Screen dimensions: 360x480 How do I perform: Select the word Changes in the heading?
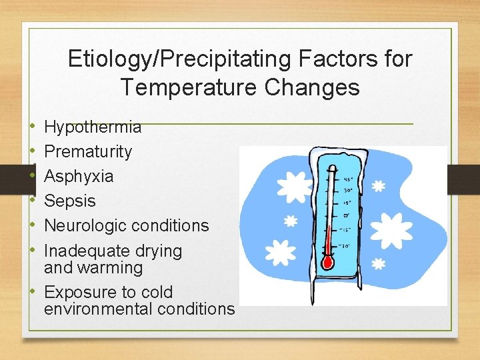[323, 87]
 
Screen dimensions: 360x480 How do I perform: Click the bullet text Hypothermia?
[93, 127]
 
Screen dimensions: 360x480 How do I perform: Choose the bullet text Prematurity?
[88, 151]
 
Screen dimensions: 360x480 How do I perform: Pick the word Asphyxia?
[79, 176]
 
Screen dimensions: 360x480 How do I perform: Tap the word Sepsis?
[70, 201]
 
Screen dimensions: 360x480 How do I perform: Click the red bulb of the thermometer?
[327, 263]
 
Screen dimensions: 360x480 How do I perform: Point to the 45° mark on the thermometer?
[348, 179]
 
